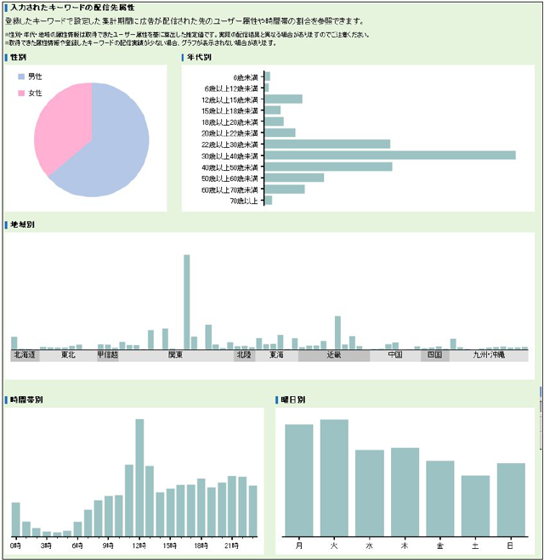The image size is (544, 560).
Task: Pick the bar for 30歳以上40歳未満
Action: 391,156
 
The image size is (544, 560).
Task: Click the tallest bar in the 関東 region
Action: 187,301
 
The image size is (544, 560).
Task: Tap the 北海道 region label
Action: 25,355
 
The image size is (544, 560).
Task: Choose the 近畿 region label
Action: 333,355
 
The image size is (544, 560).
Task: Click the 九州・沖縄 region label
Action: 489,355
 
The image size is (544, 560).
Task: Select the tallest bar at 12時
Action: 139,478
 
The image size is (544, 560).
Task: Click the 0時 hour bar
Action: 15,519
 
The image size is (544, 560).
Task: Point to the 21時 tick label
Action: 231,545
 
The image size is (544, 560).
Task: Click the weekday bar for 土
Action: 475,506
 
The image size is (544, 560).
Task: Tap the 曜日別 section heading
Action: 292,399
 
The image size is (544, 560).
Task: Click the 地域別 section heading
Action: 20,224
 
